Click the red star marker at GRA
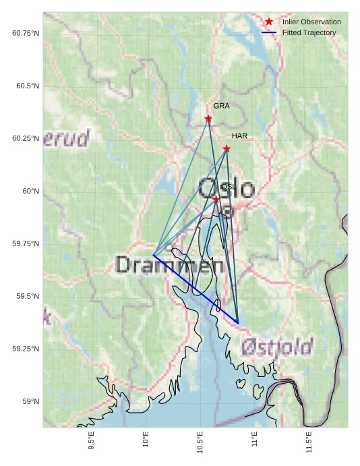point(208,119)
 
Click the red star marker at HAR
point(227,148)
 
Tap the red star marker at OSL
point(216,199)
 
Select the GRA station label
point(222,106)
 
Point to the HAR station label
point(239,136)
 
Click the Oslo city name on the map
point(227,190)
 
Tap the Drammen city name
point(169,264)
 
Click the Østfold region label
point(276,347)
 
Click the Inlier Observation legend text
point(311,22)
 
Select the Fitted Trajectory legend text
point(309,32)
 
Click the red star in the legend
point(269,22)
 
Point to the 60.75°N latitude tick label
point(26,33)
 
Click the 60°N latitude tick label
point(31,191)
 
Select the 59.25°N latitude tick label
point(26,349)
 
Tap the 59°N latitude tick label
point(31,401)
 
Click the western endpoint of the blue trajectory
point(154,255)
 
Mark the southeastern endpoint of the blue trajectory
point(238,323)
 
